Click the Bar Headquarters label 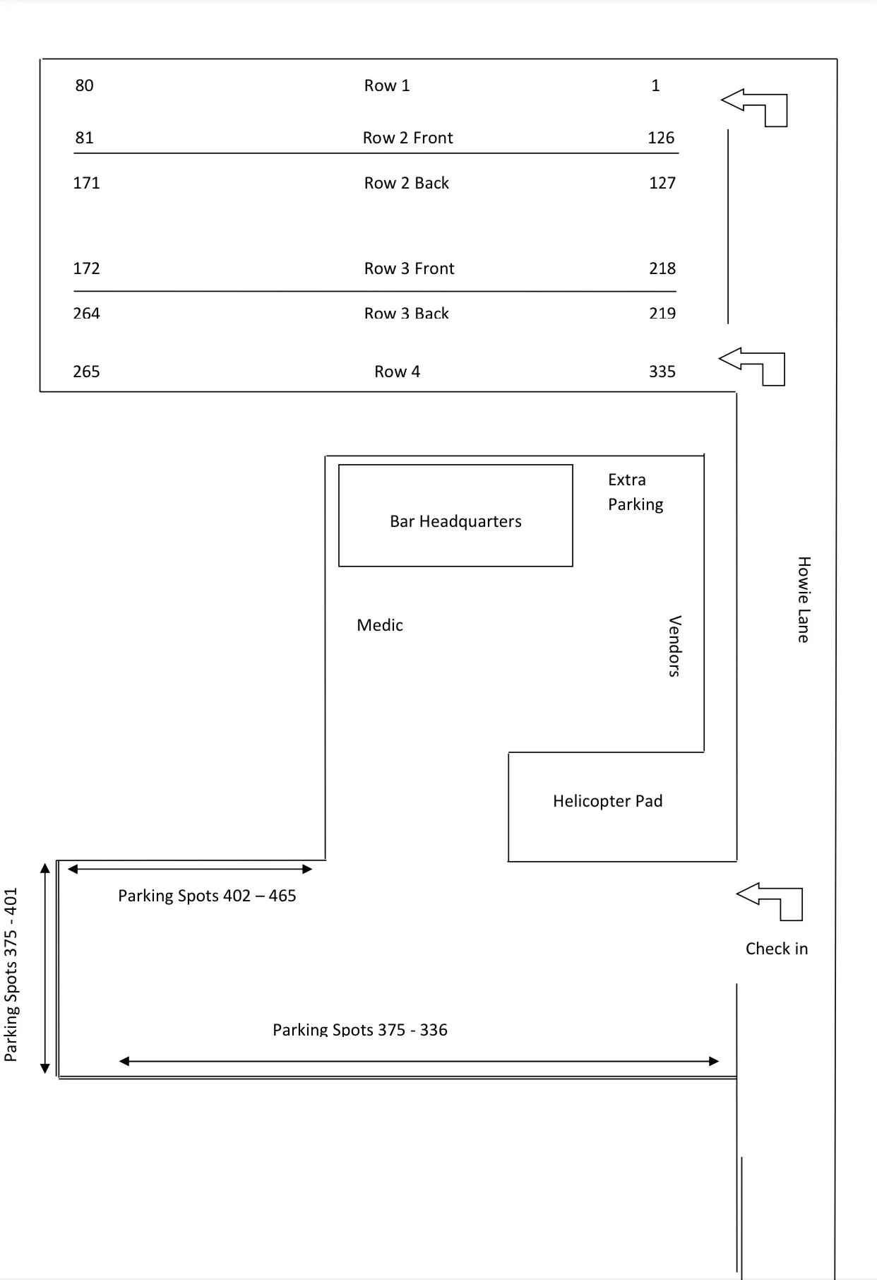click(x=455, y=521)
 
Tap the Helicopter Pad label click(x=607, y=801)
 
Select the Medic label click(x=380, y=625)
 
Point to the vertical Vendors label click(x=674, y=646)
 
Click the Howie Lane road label click(x=804, y=600)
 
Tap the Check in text click(x=777, y=949)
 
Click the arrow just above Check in click(x=770, y=901)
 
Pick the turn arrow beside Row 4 click(x=753, y=365)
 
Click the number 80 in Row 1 click(x=84, y=85)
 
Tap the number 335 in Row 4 click(x=662, y=372)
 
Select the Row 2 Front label click(x=407, y=138)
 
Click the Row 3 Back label click(x=406, y=313)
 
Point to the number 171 click(x=86, y=183)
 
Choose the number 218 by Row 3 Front click(x=662, y=268)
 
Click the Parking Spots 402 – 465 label click(x=207, y=896)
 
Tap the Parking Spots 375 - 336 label click(x=360, y=1029)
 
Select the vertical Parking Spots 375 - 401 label click(x=11, y=975)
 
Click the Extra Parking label click(x=635, y=492)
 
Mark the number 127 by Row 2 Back click(x=662, y=183)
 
